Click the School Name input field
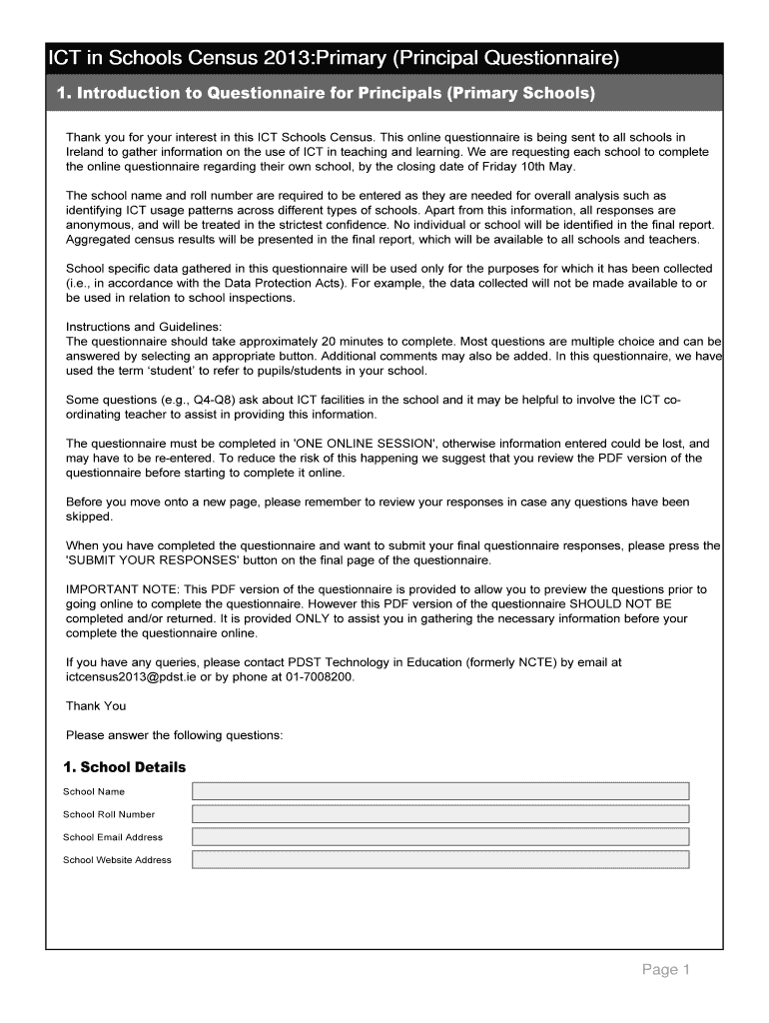(x=440, y=791)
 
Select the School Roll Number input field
(x=440, y=814)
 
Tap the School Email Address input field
(x=440, y=837)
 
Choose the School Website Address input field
(x=440, y=860)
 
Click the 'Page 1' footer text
(x=666, y=970)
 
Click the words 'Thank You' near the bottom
(x=96, y=706)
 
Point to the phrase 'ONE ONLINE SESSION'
(x=363, y=444)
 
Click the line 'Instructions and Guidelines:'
(x=144, y=327)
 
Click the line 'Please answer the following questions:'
(x=175, y=735)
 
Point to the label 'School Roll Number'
(x=109, y=814)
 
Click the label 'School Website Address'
(x=117, y=860)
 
